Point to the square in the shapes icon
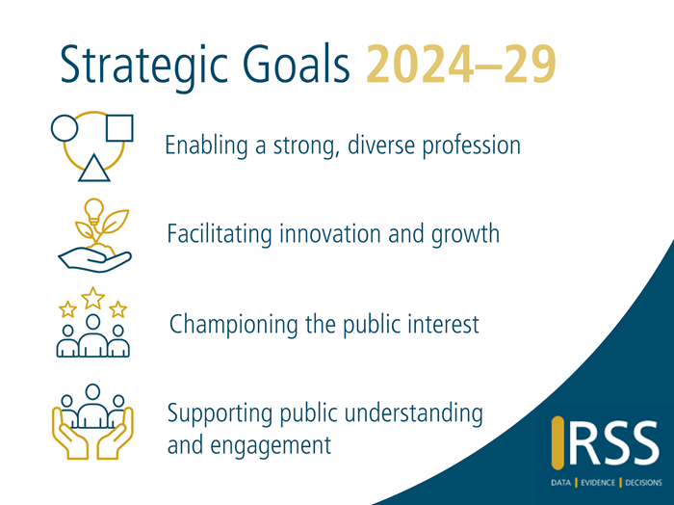point(118,128)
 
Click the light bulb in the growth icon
point(93,208)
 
